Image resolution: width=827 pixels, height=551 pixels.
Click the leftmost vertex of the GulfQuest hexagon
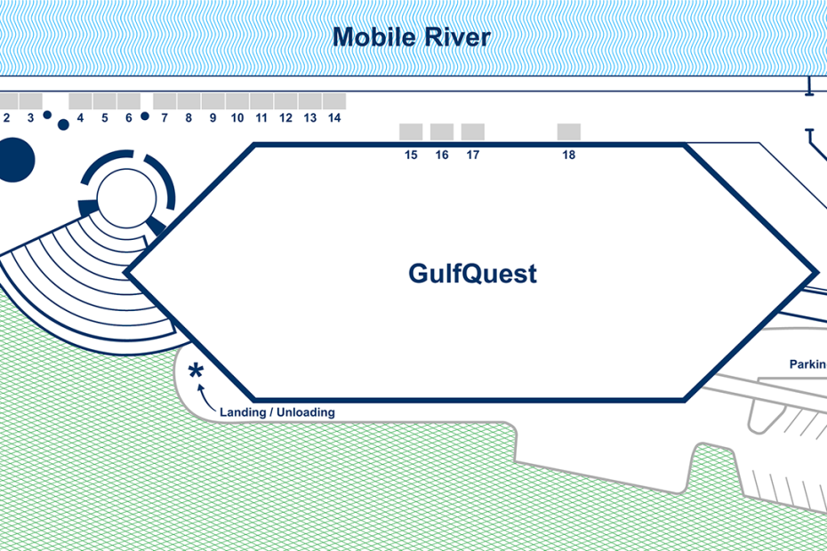[x=124, y=272]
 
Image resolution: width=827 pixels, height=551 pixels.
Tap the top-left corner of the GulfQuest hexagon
[x=254, y=143]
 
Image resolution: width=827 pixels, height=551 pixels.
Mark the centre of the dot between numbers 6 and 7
[x=145, y=116]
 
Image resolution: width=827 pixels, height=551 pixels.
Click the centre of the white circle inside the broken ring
[x=126, y=197]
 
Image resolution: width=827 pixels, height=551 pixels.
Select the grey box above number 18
[x=568, y=132]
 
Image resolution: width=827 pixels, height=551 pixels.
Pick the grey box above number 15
[x=411, y=132]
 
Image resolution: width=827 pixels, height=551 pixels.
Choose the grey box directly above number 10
[x=237, y=101]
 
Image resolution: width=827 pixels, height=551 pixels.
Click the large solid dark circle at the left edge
[x=13, y=160]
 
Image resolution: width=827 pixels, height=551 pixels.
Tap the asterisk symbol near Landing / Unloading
[x=196, y=371]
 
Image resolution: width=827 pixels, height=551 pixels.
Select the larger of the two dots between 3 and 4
[x=63, y=124]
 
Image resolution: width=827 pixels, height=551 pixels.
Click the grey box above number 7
[x=165, y=101]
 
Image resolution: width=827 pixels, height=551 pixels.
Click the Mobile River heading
[x=412, y=37]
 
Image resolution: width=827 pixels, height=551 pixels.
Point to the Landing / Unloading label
[x=277, y=411]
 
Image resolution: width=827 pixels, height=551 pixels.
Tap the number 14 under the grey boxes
[x=334, y=118]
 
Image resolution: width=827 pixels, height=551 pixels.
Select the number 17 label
[x=472, y=155]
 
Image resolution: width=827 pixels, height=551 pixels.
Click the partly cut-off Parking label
[x=808, y=364]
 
